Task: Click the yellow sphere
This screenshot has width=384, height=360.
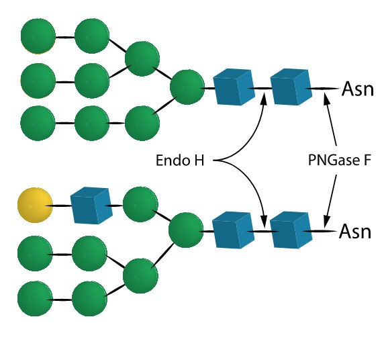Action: (x=34, y=205)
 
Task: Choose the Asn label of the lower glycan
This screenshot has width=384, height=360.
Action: (x=357, y=232)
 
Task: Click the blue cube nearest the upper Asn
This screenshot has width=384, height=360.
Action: (x=290, y=89)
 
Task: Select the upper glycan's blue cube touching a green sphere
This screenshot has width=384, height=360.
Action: (x=232, y=89)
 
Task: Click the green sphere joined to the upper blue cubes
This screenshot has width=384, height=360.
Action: (x=187, y=87)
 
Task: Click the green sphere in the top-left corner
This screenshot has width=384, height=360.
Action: (x=38, y=37)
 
